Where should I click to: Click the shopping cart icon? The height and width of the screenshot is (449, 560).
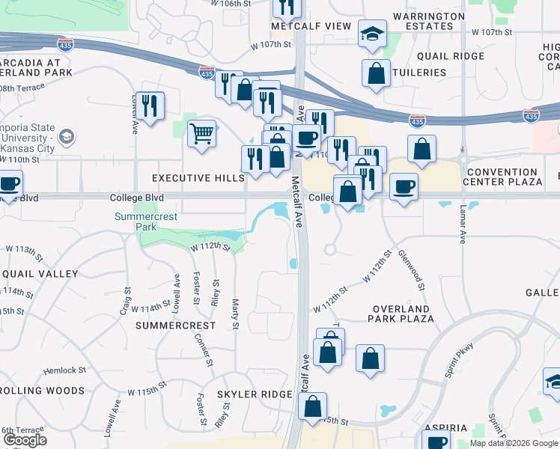click(x=201, y=134)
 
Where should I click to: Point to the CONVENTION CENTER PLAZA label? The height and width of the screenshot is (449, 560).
click(x=502, y=176)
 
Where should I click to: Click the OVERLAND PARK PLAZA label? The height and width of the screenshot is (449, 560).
click(x=400, y=314)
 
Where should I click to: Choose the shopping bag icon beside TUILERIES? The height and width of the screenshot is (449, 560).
click(x=375, y=73)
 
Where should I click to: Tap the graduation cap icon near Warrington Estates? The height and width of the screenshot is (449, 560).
click(x=371, y=34)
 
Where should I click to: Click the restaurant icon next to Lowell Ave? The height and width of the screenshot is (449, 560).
click(x=149, y=105)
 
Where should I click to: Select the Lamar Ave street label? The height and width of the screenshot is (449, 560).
click(x=463, y=225)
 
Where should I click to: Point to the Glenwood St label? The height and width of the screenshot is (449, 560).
click(x=413, y=270)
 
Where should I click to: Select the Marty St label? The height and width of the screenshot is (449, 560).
click(x=234, y=314)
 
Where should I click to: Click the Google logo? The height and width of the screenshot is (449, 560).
click(x=25, y=441)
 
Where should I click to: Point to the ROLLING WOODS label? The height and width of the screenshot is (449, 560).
click(x=42, y=391)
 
